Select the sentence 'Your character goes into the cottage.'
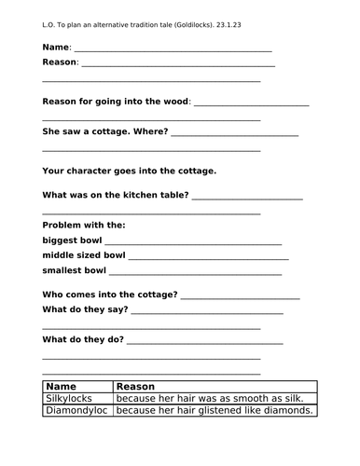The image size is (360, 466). coord(129,171)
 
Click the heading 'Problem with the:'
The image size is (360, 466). coord(83,225)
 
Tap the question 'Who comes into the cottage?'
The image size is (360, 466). coord(110,294)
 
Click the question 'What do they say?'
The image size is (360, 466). coord(89,308)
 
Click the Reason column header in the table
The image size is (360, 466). coord(135,386)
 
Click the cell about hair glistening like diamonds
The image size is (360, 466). coord(214,410)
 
